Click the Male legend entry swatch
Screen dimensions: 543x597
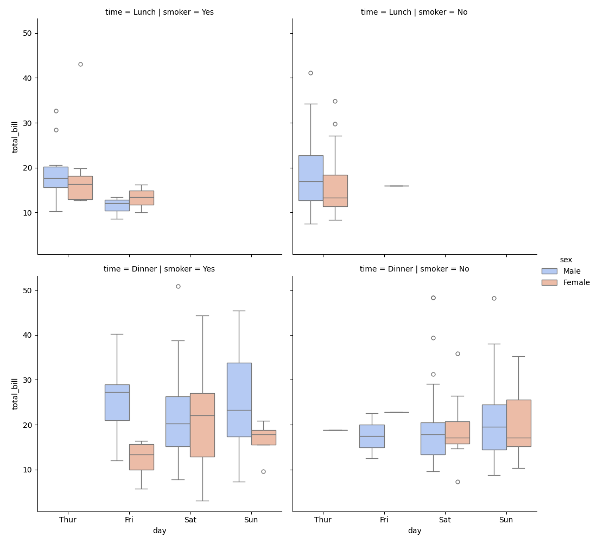coord(549,271)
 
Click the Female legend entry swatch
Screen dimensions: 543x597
coord(549,282)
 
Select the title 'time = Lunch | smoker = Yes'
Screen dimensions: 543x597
coord(160,12)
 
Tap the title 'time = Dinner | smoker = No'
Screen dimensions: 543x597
coord(415,269)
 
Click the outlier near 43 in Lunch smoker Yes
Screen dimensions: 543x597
coord(80,64)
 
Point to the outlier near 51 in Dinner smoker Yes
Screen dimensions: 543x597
coord(178,286)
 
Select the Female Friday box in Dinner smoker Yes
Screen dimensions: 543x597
coord(141,457)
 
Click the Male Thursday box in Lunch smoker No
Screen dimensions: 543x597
coord(310,178)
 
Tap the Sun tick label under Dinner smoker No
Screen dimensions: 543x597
coord(506,520)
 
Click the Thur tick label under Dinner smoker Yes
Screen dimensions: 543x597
coord(68,520)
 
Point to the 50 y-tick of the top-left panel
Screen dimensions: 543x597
coord(27,33)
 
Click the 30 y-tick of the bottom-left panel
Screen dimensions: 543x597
coord(27,380)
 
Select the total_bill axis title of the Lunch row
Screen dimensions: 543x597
coord(15,136)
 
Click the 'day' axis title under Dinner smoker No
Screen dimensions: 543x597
coord(415,531)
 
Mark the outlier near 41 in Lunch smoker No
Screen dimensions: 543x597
coord(310,73)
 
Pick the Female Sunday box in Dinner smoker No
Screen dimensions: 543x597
coord(518,423)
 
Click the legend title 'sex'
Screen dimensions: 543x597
coord(566,260)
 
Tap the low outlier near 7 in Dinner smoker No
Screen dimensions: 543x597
coord(458,482)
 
